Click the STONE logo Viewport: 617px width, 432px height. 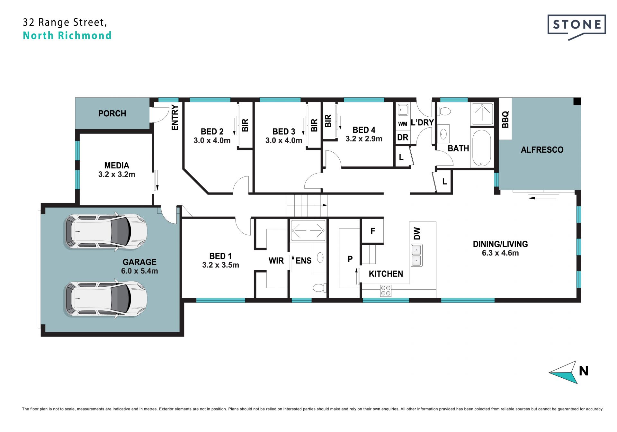click(x=577, y=27)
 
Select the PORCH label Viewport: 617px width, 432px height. click(x=112, y=113)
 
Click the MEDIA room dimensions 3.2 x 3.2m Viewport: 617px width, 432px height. click(x=117, y=175)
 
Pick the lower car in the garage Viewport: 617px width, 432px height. click(x=105, y=299)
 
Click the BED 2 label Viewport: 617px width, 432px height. click(x=212, y=131)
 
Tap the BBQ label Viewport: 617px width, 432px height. click(x=505, y=119)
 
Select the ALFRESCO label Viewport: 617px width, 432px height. click(x=542, y=150)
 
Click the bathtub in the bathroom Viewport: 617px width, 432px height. click(x=481, y=148)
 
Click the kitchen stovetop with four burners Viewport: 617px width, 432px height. click(x=386, y=291)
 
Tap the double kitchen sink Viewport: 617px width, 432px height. click(x=416, y=255)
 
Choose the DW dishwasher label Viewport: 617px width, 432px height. click(x=417, y=234)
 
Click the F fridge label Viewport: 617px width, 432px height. click(x=373, y=231)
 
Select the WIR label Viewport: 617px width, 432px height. click(x=276, y=261)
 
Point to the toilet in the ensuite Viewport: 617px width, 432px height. click(x=319, y=287)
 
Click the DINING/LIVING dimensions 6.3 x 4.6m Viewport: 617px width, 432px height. click(x=500, y=253)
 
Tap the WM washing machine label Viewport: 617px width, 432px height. click(x=403, y=124)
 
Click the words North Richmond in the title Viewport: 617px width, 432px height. click(x=67, y=35)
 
